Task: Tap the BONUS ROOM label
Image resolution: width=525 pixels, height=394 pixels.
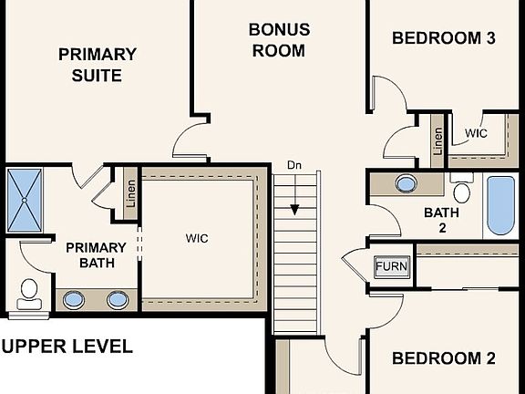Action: coord(279,40)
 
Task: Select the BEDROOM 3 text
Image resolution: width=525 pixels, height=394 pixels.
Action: coord(443,38)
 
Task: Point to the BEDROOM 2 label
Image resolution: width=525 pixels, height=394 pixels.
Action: coord(443,358)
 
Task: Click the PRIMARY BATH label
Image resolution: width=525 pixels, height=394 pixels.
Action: coord(96,255)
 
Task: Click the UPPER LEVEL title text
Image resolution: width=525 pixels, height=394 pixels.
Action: coord(67,347)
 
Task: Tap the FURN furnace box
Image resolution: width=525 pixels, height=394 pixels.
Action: coord(393,267)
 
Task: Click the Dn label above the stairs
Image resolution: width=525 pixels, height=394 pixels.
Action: coord(294,165)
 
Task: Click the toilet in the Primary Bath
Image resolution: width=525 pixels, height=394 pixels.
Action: coord(28,293)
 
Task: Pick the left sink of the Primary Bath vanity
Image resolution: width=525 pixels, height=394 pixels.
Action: coord(73,299)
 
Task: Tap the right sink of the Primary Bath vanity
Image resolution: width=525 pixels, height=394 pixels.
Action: coord(117,299)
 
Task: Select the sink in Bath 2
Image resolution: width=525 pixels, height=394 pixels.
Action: coord(407,183)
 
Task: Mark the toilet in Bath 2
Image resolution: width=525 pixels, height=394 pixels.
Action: coord(462,192)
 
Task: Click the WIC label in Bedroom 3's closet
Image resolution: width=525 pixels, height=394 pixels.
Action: coord(476,133)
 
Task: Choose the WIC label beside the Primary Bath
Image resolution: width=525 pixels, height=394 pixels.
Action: coord(197,239)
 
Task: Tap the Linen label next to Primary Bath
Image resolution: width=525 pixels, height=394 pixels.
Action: coord(130,194)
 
